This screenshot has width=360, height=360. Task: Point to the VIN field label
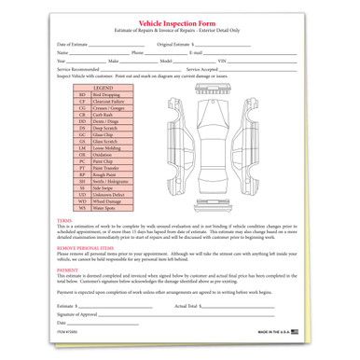click(221, 61)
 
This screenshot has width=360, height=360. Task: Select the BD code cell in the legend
click(82, 94)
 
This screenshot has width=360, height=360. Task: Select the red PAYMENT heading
click(67, 269)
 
